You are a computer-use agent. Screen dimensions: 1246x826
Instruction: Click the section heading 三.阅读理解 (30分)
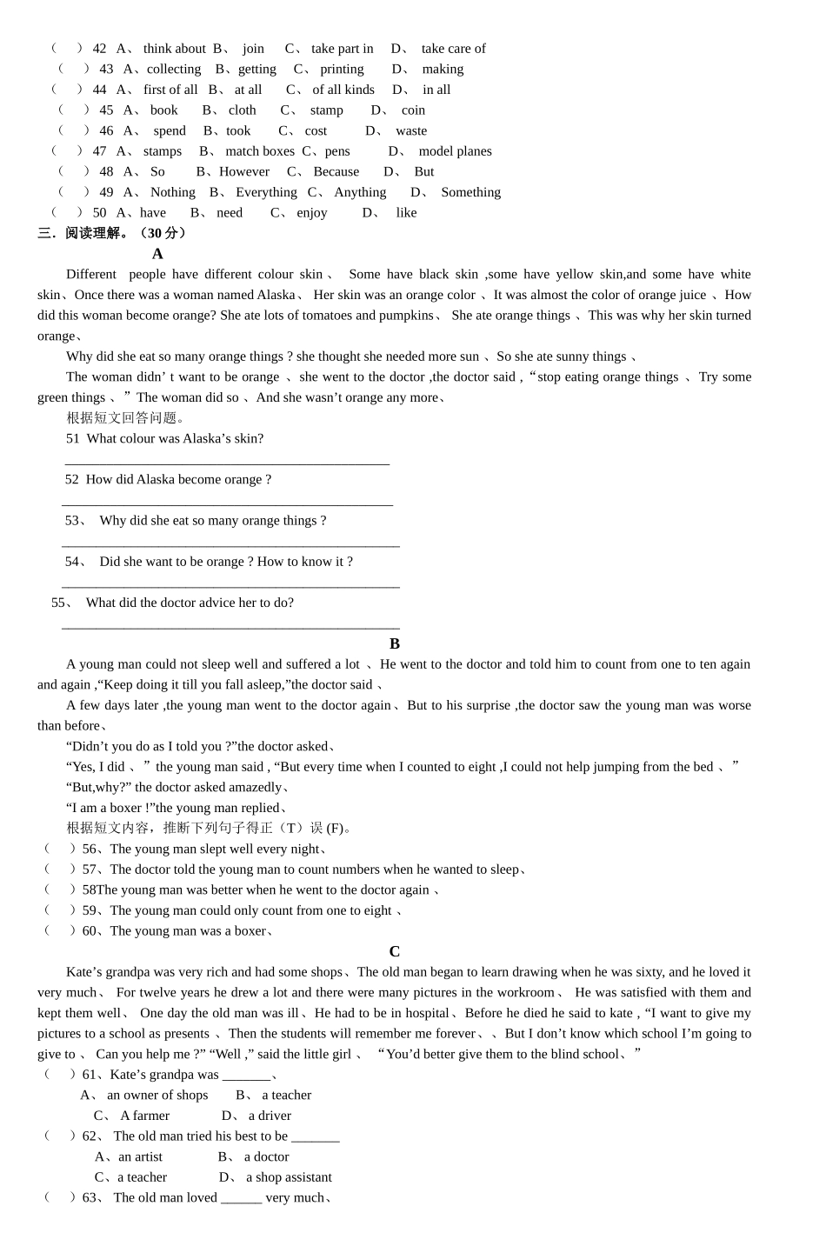(112, 233)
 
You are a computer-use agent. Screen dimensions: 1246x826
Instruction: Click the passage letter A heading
(157, 254)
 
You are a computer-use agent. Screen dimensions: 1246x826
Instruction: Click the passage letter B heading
(395, 644)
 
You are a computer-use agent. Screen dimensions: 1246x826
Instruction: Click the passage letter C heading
(395, 952)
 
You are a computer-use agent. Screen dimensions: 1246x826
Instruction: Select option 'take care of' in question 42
(453, 49)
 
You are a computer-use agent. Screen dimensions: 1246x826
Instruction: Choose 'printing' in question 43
(342, 70)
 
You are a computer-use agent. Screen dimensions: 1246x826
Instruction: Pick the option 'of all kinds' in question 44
(343, 90)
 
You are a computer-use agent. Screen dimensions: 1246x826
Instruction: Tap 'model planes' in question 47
(455, 151)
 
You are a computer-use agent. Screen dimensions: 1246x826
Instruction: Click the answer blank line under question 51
(227, 463)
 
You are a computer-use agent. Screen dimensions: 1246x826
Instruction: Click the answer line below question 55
(230, 626)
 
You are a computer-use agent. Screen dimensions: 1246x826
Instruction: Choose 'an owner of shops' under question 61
(157, 1096)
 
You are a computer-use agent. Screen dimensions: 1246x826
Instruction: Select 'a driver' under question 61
(270, 1116)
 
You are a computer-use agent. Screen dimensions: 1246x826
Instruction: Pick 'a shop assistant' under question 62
(289, 1177)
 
